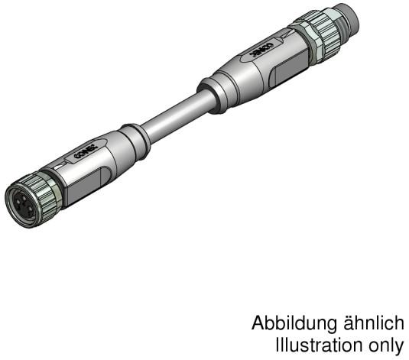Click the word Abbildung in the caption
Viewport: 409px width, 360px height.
coord(285,323)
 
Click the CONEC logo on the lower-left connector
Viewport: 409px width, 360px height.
coord(80,155)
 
